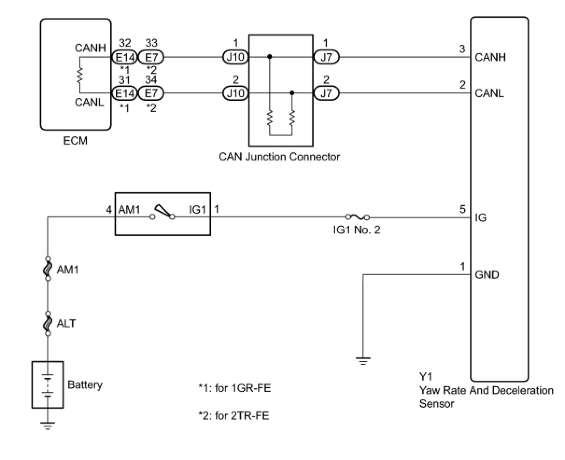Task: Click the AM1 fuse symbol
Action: coord(48,269)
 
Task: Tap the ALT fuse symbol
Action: coord(48,323)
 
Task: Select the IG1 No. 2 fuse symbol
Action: coord(358,217)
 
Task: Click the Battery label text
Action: coord(85,385)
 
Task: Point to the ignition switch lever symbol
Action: coord(162,212)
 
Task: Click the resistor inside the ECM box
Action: coord(80,75)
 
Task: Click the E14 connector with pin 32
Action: coord(125,57)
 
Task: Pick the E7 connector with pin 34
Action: coord(151,93)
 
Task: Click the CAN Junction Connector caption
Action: coord(279,157)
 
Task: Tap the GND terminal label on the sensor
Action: coord(487,275)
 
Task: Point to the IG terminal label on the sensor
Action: coord(480,217)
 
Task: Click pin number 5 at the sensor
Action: coord(463,209)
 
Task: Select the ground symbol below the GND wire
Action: coord(363,360)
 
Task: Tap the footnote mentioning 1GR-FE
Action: coord(234,388)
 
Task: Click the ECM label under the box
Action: coord(75,140)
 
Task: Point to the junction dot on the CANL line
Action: coord(292,93)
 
